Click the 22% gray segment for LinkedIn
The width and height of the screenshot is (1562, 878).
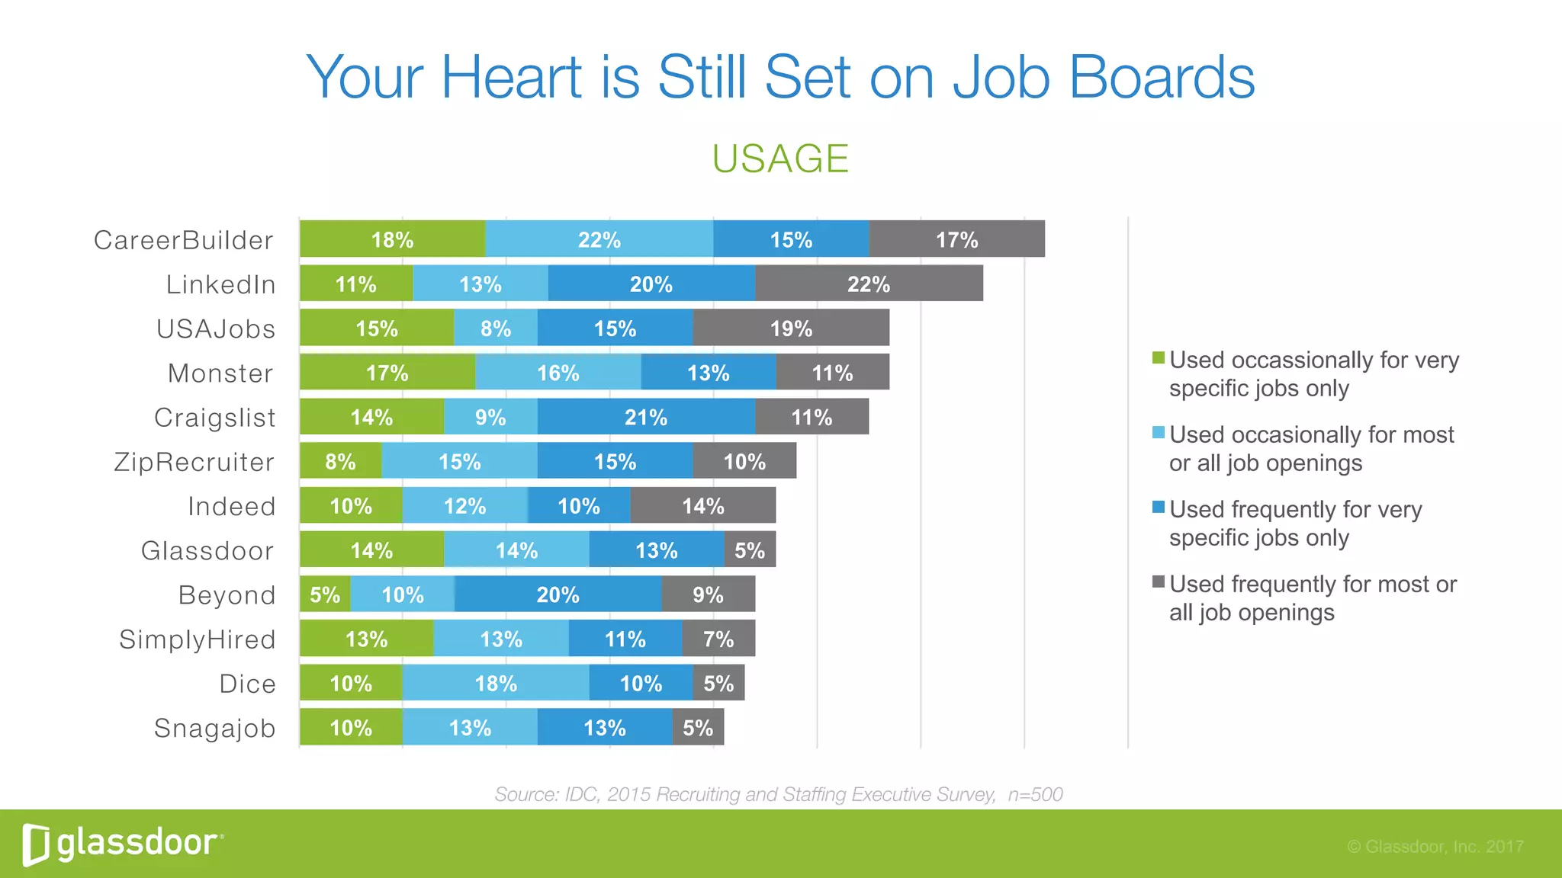869,284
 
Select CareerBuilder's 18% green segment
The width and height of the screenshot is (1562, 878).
392,239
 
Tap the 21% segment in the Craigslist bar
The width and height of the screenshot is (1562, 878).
646,417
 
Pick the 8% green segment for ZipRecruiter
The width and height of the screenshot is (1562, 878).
340,461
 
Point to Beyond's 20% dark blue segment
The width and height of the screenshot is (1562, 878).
558,594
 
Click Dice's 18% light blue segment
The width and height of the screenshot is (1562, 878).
496,683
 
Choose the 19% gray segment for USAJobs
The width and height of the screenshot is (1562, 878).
791,328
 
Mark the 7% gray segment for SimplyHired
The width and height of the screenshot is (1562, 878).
718,639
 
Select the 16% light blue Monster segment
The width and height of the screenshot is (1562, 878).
558,373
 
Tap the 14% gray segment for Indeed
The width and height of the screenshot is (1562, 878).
702,505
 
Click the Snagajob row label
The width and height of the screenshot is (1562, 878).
214,728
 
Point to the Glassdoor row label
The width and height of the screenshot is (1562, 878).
207,550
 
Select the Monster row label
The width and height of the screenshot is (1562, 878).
220,373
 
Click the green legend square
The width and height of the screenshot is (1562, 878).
1159,357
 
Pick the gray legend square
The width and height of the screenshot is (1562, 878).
1159,582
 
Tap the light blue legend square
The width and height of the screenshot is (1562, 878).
1159,432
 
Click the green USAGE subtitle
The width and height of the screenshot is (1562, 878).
780,159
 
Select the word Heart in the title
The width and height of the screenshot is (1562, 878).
512,77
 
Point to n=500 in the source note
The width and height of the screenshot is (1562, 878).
1035,794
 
